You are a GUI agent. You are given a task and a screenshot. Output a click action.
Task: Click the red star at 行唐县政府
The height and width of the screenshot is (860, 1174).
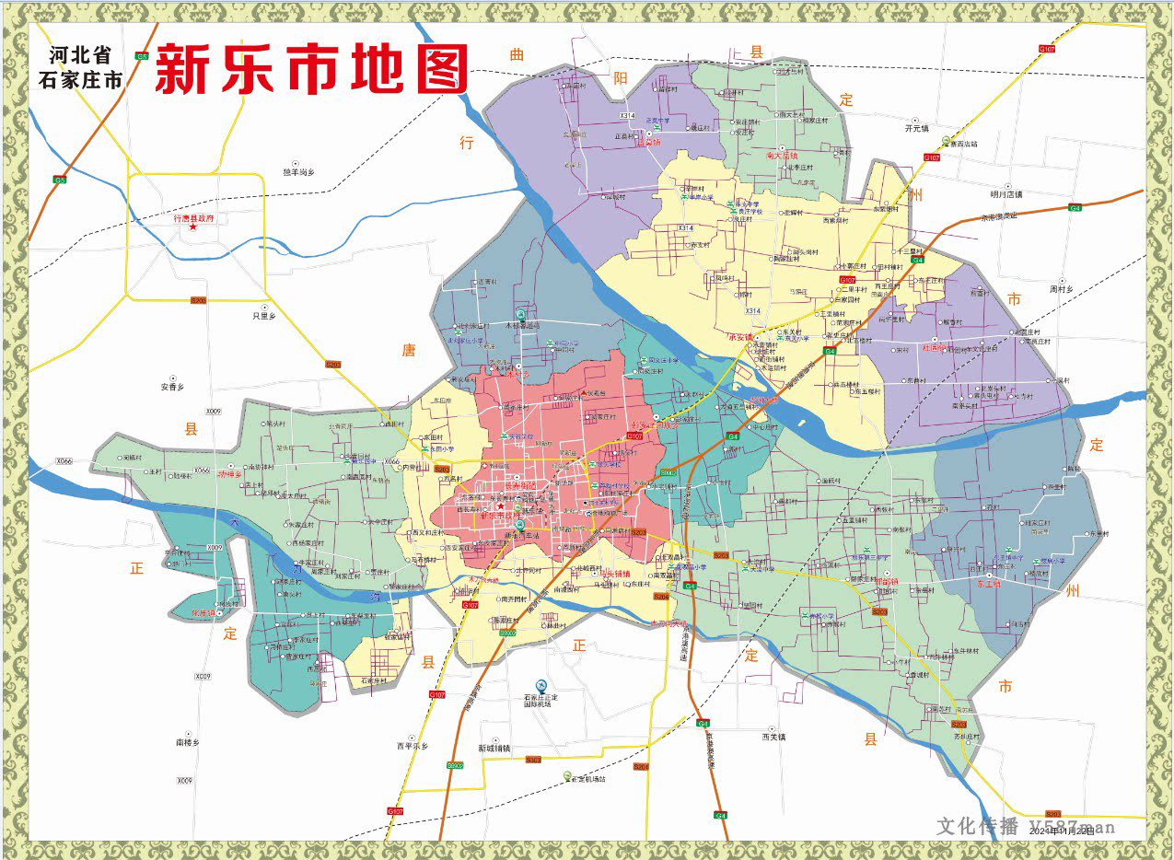tap(193, 227)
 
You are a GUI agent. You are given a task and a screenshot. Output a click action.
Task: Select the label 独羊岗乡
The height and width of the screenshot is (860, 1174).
tap(298, 172)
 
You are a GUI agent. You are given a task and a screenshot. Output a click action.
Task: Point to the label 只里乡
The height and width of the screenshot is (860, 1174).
tap(265, 316)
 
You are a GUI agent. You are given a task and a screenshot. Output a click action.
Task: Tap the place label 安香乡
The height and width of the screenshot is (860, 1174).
tap(172, 387)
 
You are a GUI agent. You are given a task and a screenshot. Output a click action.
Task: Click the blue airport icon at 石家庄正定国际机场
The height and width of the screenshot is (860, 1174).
tap(541, 686)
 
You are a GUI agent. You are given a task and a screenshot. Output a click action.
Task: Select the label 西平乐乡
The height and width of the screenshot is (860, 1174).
tap(413, 746)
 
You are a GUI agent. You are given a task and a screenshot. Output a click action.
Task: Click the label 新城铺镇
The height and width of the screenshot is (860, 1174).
tap(495, 749)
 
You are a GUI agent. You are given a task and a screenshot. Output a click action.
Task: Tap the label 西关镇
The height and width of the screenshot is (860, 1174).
tap(774, 737)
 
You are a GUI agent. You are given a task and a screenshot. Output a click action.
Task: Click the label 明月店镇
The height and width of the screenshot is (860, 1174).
tap(1005, 194)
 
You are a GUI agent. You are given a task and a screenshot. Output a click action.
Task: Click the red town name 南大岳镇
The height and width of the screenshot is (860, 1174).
tap(782, 157)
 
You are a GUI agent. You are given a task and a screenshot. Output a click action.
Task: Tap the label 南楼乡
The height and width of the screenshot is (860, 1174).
tap(187, 742)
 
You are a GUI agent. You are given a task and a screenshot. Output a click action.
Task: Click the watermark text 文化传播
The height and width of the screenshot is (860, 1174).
tap(977, 826)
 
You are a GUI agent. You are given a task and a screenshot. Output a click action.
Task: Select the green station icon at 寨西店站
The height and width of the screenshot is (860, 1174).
tap(946, 140)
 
